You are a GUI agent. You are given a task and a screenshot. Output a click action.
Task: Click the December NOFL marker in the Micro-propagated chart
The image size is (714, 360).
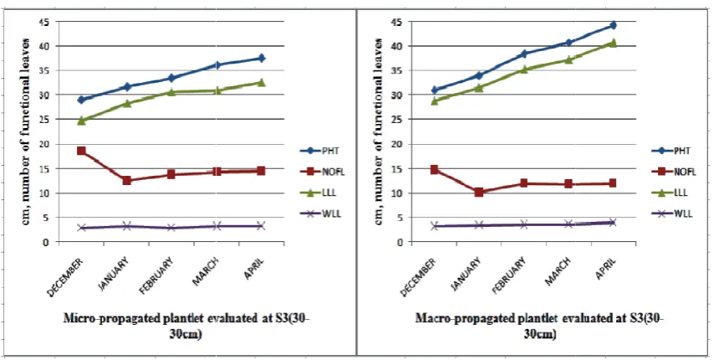coord(81,151)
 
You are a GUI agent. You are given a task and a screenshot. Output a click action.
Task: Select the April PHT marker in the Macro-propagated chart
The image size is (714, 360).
coord(613,25)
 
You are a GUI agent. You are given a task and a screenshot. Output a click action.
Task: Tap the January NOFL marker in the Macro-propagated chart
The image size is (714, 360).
coord(479,192)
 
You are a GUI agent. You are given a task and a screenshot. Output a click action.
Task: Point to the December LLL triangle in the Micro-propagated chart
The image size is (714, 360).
coord(81,121)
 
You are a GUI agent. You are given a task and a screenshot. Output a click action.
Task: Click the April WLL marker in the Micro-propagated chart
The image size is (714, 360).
coord(261,225)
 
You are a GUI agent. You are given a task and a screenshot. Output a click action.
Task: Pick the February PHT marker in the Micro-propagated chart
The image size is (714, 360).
coord(172,78)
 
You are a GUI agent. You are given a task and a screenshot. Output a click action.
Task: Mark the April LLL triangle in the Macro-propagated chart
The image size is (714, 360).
coord(613,43)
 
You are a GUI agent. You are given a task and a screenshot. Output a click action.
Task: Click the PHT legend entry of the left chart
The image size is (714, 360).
coord(320,151)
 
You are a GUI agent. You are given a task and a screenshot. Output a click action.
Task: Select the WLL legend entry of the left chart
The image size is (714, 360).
coord(320,213)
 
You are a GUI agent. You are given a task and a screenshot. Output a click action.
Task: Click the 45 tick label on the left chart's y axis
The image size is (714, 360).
coord(48,22)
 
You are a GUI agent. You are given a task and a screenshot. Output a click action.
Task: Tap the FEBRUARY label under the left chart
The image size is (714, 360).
coord(157,275)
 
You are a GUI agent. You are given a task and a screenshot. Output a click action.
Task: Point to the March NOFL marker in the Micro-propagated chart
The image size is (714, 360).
coord(216,172)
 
